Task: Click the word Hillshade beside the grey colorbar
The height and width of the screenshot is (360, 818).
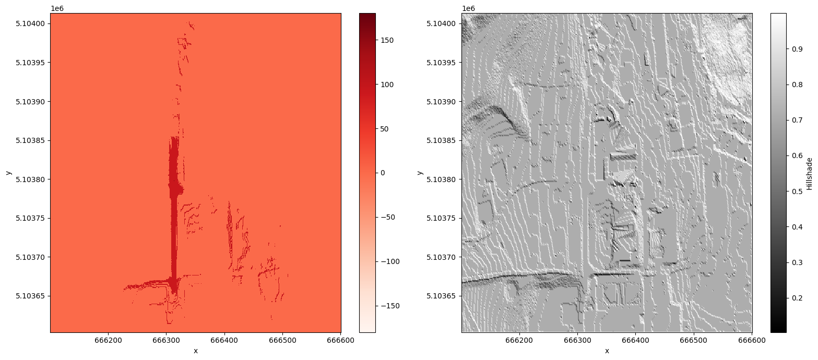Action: [x=809, y=173]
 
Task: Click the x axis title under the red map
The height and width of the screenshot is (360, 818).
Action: [x=196, y=351]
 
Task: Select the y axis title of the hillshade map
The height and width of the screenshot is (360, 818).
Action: [x=420, y=173]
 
